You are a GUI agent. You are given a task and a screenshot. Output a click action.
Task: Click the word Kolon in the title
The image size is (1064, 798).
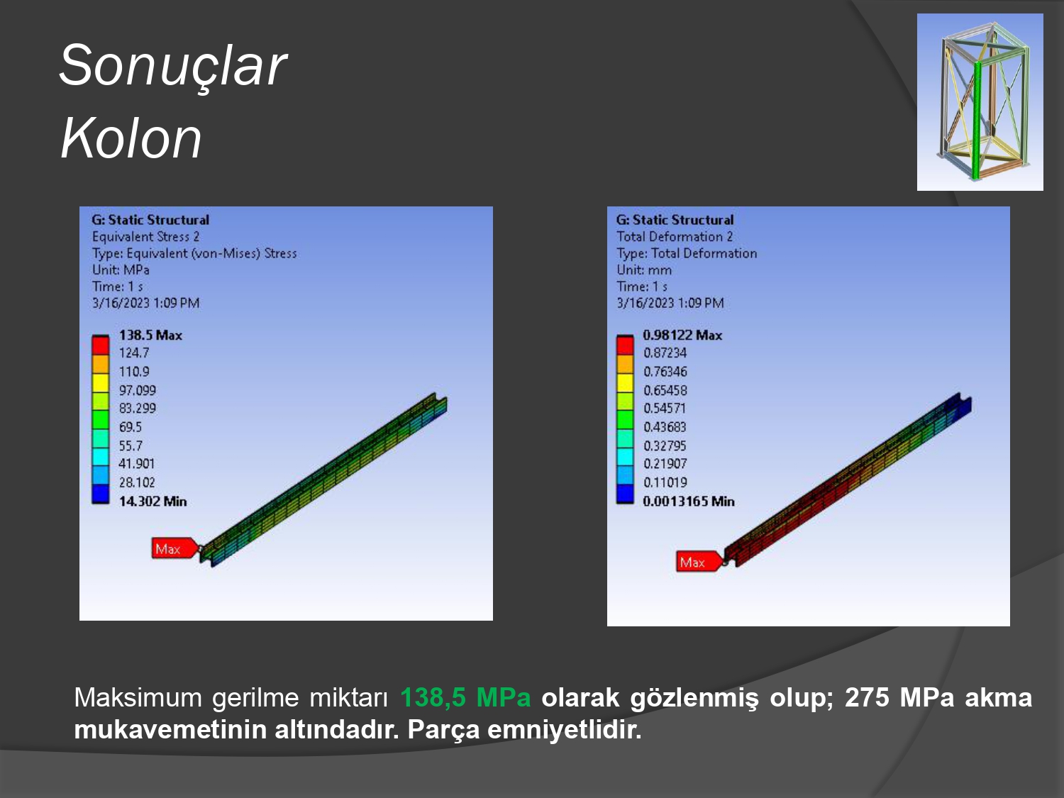point(131,138)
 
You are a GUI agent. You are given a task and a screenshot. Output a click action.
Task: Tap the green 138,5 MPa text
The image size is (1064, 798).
point(465,698)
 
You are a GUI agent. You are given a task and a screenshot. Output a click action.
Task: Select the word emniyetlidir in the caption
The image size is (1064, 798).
point(564,729)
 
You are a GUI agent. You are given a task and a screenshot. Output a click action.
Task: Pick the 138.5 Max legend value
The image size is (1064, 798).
point(151,336)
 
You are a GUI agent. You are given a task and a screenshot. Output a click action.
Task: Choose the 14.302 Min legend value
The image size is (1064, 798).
point(153,501)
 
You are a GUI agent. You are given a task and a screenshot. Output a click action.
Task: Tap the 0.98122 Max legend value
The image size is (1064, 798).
point(682,336)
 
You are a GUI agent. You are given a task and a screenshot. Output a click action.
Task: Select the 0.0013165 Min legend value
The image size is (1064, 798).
point(689,501)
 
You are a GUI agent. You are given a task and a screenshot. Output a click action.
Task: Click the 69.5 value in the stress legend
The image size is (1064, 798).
point(131,427)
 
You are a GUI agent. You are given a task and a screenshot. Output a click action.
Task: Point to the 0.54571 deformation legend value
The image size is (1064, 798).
point(665,409)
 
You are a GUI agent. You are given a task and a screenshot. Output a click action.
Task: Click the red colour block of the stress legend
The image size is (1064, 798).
point(100,345)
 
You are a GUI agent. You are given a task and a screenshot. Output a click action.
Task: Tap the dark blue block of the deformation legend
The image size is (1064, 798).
point(625,494)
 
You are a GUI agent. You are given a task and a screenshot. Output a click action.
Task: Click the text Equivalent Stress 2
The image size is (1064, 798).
point(145,237)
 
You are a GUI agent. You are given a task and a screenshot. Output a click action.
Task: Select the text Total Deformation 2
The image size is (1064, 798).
point(675,237)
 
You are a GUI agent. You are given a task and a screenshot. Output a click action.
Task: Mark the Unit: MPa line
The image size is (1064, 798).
point(121,270)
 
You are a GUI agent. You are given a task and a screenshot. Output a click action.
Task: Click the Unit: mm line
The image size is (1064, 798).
point(644,270)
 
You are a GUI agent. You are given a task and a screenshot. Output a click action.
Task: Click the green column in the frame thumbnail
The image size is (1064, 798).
point(977,121)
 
